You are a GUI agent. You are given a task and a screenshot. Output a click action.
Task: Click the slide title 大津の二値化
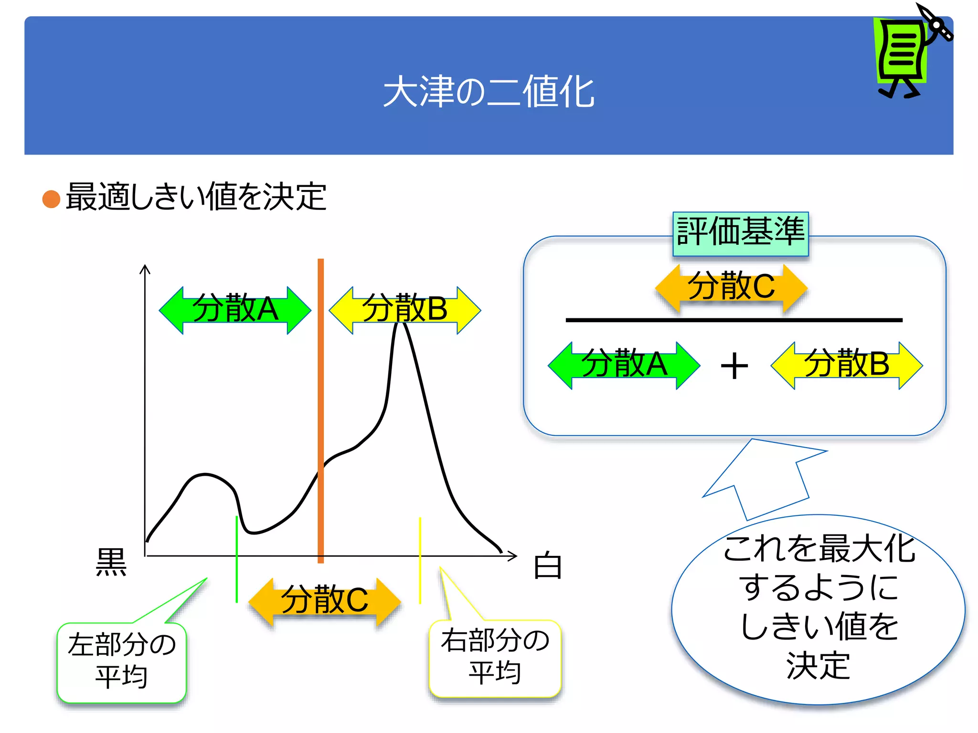click(489, 92)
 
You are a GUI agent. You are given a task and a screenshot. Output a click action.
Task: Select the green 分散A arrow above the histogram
click(235, 310)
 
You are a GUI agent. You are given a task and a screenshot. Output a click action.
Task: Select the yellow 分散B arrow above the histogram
click(405, 310)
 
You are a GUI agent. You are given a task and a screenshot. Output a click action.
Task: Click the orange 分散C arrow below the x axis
click(325, 601)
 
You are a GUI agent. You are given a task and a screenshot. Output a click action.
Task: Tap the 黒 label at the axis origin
click(111, 562)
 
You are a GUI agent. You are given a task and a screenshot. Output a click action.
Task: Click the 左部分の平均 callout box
click(122, 662)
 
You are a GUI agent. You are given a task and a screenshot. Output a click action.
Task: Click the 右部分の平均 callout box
click(495, 658)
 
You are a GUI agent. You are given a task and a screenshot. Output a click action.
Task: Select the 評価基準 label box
click(740, 233)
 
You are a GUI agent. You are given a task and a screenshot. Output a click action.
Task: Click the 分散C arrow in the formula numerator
click(732, 288)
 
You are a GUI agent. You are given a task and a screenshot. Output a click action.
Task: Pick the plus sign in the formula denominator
click(734, 366)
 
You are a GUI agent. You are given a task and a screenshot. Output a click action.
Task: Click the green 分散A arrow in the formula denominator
click(624, 366)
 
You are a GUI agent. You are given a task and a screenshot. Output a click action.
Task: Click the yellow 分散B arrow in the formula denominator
click(847, 366)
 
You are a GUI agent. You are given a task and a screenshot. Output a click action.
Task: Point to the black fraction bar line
click(734, 320)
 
